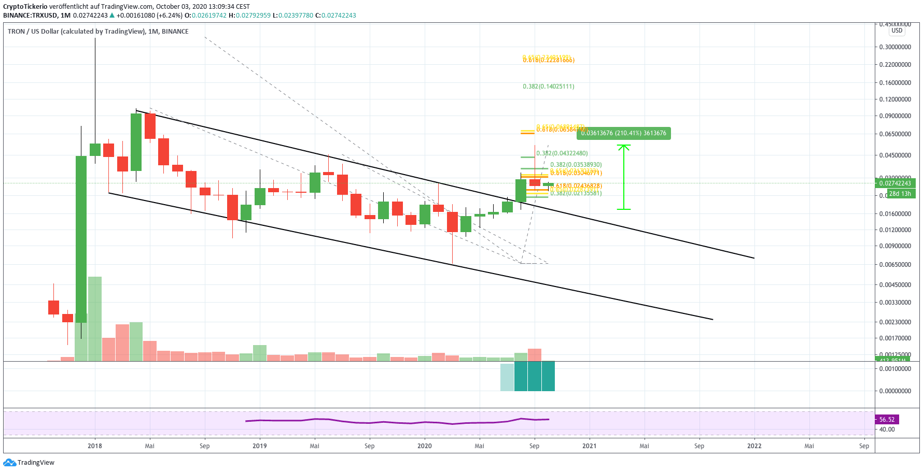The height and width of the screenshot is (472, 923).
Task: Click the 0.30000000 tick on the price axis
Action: click(895, 47)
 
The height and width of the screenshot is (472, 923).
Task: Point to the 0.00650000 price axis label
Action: click(895, 264)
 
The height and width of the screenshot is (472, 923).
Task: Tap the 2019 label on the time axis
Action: click(259, 446)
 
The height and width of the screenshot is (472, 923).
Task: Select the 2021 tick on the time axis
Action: click(589, 446)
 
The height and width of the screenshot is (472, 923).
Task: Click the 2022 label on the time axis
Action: click(754, 446)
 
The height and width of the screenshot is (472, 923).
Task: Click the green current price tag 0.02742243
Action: click(895, 183)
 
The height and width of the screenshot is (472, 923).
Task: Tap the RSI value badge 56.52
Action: click(887, 420)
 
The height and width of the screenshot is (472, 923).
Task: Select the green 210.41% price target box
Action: click(623, 133)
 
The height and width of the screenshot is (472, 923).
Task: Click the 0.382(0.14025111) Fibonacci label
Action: click(548, 87)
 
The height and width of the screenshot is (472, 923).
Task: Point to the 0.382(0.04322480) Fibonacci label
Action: click(562, 153)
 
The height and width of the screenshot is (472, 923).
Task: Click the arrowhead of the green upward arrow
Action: click(624, 147)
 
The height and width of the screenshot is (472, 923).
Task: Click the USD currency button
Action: click(897, 31)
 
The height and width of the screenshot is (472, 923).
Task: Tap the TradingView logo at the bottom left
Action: click(29, 463)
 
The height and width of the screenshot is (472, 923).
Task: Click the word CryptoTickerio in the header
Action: click(25, 7)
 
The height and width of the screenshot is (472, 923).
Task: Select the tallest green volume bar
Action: click(95, 318)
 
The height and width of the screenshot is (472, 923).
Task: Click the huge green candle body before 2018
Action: click(81, 238)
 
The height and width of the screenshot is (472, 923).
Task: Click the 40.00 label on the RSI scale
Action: click(887, 430)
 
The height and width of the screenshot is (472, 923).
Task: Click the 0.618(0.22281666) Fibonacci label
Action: click(548, 60)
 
